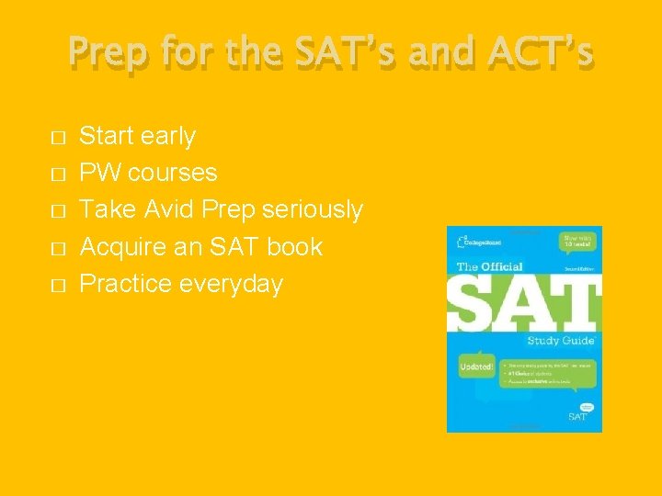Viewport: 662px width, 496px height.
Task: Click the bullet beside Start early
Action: [58, 138]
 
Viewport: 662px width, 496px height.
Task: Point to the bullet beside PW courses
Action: [58, 175]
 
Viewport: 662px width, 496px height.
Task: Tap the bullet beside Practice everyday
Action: [58, 286]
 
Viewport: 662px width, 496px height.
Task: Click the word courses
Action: [174, 174]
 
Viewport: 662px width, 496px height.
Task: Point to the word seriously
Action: [313, 210]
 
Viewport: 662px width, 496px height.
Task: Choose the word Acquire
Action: [120, 247]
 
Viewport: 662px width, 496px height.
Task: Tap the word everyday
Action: [231, 285]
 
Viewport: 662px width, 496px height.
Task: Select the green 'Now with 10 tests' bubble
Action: [578, 242]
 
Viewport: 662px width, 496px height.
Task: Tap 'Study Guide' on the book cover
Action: [560, 341]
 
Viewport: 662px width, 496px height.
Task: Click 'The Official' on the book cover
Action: [490, 267]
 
